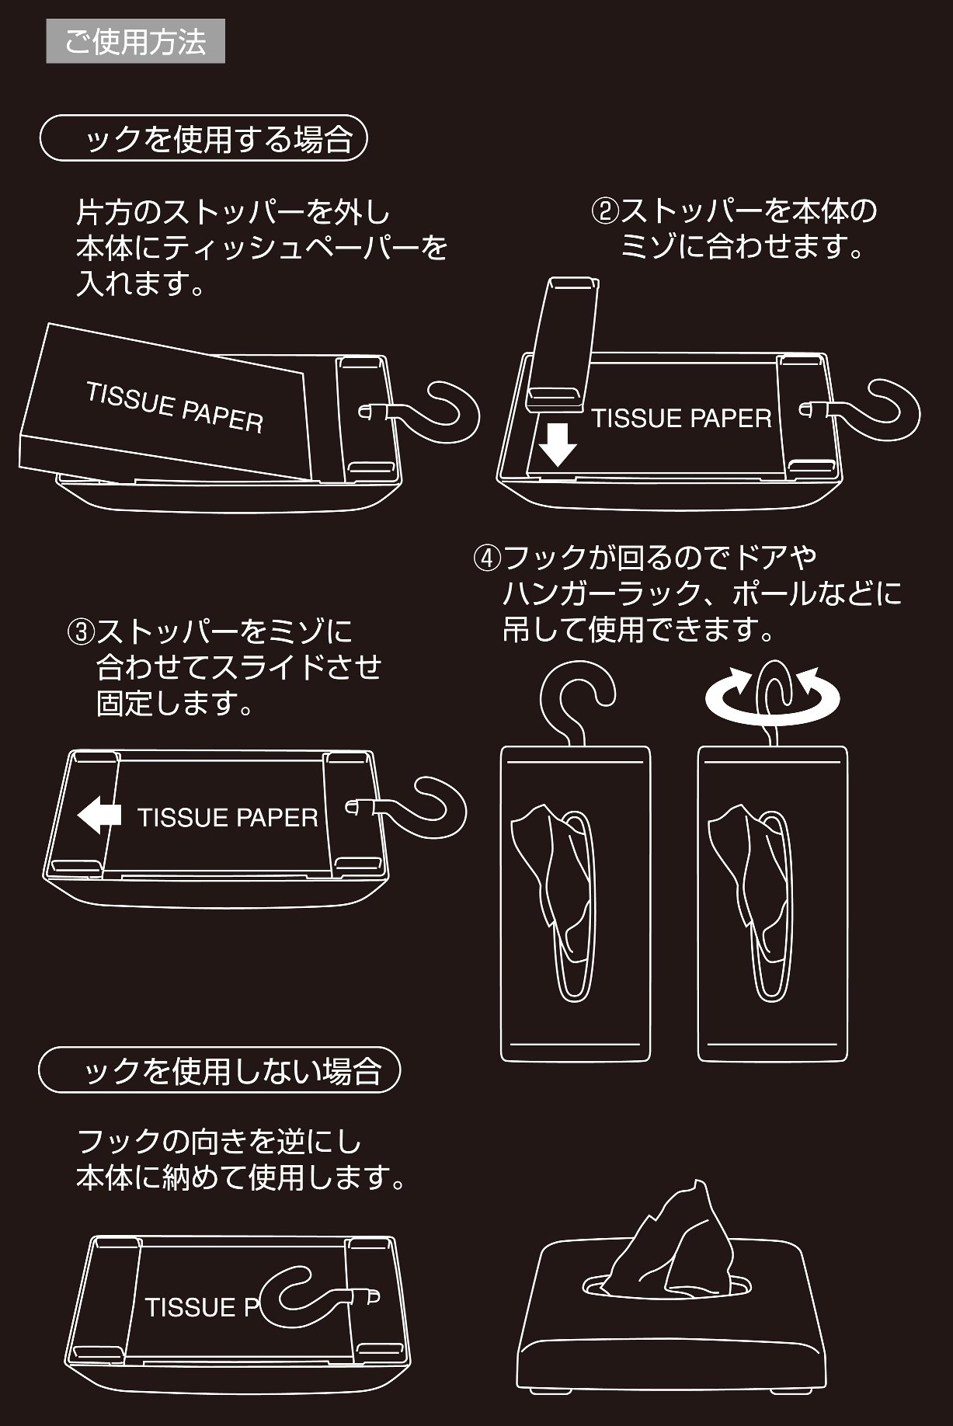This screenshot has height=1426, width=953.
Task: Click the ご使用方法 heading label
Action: [x=135, y=42]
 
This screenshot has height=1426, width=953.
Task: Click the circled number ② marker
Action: [x=605, y=211]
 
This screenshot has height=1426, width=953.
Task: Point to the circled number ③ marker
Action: [x=81, y=631]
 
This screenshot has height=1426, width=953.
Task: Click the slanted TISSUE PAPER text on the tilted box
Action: [x=175, y=407]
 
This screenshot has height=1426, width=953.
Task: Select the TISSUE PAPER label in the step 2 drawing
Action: [x=681, y=419]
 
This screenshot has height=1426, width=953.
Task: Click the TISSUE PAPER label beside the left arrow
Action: [x=228, y=817]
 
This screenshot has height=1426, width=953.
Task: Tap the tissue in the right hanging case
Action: [x=750, y=870]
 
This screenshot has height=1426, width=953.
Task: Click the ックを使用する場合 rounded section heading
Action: [x=203, y=139]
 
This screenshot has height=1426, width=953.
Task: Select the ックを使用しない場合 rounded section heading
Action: [x=219, y=1070]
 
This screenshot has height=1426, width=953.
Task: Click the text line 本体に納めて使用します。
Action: [x=242, y=1178]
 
